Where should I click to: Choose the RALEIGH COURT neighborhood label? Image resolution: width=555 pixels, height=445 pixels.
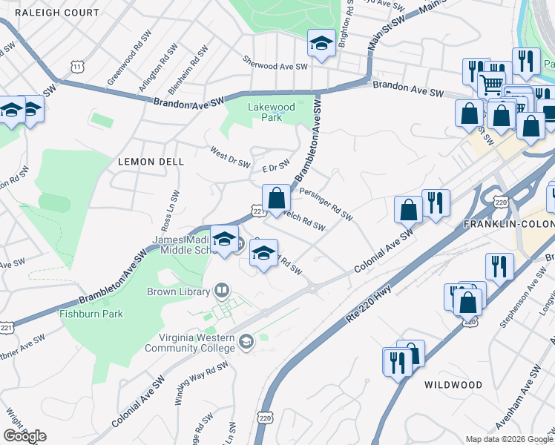click(x=56, y=13)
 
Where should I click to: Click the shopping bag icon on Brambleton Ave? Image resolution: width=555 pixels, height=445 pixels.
click(x=276, y=198)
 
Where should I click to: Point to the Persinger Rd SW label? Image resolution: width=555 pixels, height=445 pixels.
click(x=326, y=203)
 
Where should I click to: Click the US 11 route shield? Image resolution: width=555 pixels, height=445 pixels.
click(x=78, y=67)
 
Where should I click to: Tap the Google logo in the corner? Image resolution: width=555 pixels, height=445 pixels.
click(x=24, y=436)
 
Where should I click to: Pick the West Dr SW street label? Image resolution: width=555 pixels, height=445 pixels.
click(x=230, y=157)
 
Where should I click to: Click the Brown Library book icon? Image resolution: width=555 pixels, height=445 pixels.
click(x=221, y=290)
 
